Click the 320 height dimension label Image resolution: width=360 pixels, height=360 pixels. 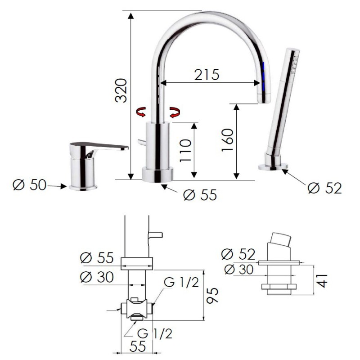(x=121, y=90)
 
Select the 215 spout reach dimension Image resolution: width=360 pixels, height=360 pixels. (x=207, y=75)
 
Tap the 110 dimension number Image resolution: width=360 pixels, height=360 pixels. (x=185, y=151)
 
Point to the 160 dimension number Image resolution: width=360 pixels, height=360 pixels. (x=227, y=139)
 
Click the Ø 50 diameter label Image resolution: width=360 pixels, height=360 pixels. (x=29, y=185)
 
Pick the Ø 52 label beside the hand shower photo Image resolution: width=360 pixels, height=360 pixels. (x=324, y=188)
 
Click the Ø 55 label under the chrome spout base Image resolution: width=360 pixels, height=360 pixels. (x=200, y=195)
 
